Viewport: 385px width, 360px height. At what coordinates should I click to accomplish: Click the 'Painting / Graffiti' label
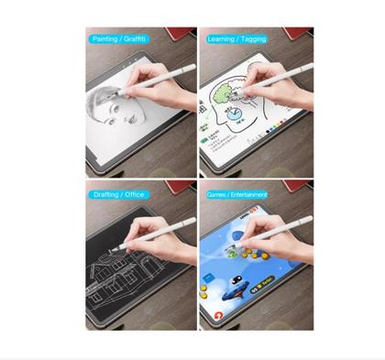(x=119, y=39)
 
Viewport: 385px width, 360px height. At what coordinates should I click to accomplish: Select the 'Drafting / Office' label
(x=118, y=194)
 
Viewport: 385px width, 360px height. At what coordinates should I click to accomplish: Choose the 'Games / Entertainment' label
(x=237, y=194)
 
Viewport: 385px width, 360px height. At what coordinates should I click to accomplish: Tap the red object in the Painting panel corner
(x=183, y=33)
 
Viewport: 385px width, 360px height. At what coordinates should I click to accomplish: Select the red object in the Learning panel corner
(x=299, y=33)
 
